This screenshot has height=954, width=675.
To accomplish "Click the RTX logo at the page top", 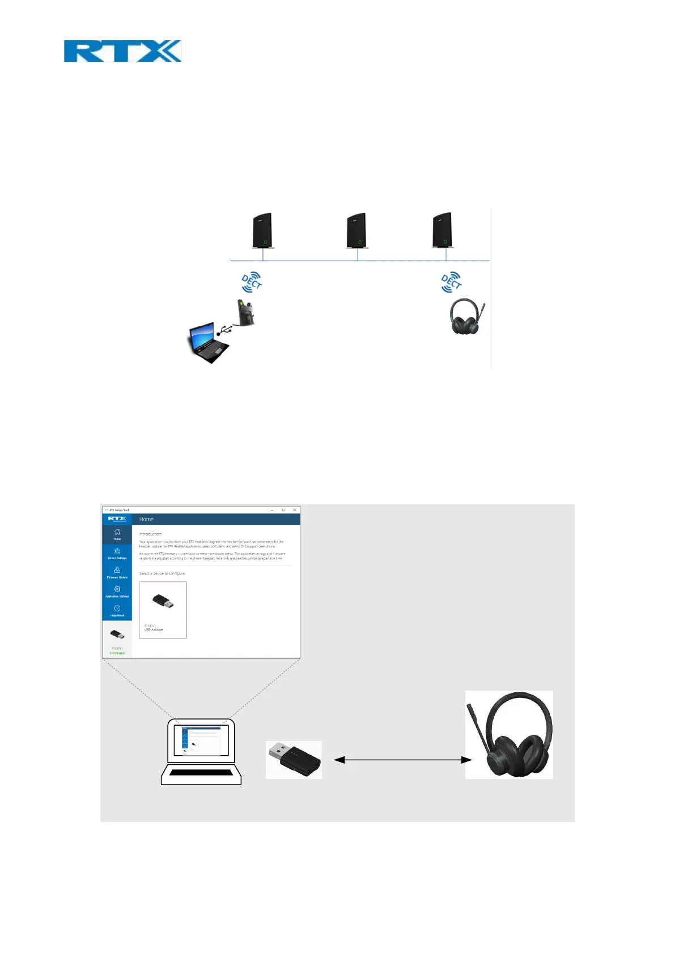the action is click(122, 51).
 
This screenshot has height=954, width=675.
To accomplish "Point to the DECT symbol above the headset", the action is click(451, 282).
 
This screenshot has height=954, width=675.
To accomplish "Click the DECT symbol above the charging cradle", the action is click(252, 282).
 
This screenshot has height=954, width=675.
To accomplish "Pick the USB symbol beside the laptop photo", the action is click(223, 331).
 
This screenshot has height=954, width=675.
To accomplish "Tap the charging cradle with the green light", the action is click(246, 313).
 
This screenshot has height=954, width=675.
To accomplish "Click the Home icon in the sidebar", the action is click(117, 533).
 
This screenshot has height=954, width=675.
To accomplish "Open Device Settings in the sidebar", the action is click(117, 552).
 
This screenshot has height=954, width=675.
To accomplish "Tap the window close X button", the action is click(294, 510).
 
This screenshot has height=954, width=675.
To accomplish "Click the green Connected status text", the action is click(117, 653).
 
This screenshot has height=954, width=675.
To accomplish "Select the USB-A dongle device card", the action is click(163, 610).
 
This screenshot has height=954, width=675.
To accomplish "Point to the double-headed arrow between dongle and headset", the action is click(402, 760).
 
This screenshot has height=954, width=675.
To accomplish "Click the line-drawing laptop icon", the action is click(201, 751).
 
